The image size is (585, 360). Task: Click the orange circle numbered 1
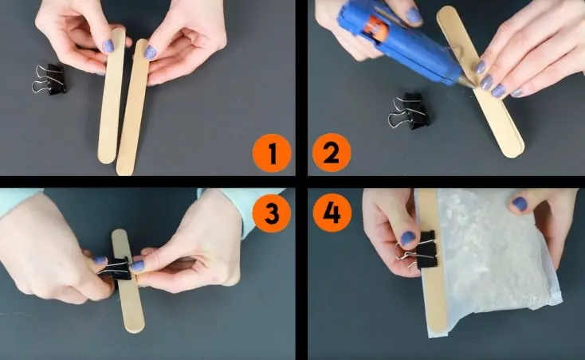[272, 153]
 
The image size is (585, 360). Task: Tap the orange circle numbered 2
[332, 153]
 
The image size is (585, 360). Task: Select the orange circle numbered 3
[272, 213]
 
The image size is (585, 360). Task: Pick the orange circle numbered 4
[332, 213]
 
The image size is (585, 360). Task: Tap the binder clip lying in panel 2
[410, 111]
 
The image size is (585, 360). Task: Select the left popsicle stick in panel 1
[111, 96]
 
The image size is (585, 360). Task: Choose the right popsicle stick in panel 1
[132, 108]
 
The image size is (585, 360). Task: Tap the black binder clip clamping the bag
[420, 249]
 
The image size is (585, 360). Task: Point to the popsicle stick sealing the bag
[433, 261]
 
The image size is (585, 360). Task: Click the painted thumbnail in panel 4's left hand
[408, 238]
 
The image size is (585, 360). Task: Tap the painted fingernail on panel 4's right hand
[520, 203]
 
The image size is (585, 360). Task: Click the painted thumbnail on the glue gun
[413, 16]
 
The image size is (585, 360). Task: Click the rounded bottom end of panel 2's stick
[514, 152]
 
